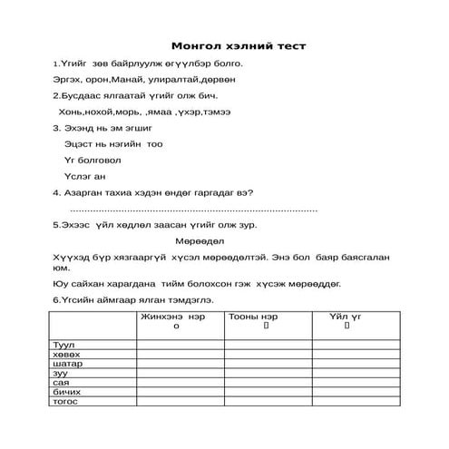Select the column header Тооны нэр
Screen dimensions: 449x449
click(260, 316)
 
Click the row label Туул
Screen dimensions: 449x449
click(64, 345)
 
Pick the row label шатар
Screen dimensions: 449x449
click(68, 363)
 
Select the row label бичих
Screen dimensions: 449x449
click(68, 391)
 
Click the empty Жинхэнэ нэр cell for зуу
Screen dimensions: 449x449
click(180, 372)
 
